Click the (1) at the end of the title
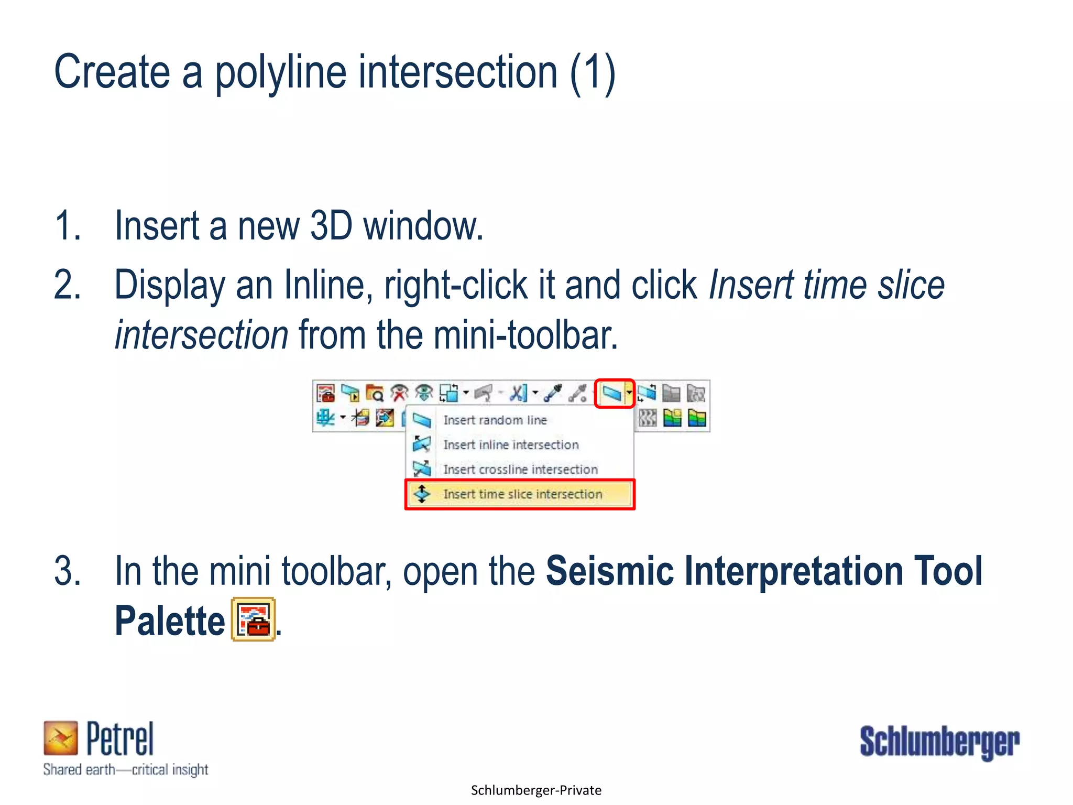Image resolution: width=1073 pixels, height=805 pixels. click(593, 73)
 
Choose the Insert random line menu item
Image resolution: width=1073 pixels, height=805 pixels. click(495, 420)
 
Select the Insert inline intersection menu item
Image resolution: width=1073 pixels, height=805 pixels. click(511, 445)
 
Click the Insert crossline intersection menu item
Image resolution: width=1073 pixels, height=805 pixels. click(520, 470)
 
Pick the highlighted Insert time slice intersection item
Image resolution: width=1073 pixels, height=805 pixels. click(522, 494)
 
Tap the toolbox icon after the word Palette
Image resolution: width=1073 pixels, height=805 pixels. click(254, 619)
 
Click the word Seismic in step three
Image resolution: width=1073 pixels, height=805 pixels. click(609, 571)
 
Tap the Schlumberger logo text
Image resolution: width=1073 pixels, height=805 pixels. click(939, 742)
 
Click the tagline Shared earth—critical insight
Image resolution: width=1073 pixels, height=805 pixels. click(126, 770)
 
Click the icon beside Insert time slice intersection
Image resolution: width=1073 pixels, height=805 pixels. click(422, 494)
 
